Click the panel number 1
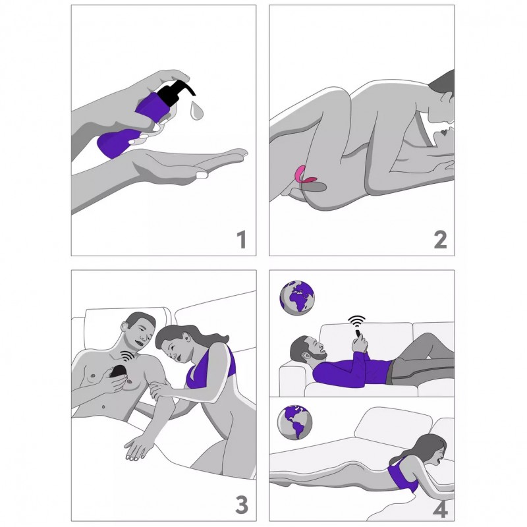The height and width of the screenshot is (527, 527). tap(242, 239)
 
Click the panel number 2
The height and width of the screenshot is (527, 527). tap(440, 240)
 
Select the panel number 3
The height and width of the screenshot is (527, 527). tap(242, 505)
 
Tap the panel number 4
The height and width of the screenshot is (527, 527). tap(441, 509)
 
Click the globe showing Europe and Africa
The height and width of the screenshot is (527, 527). tap(297, 298)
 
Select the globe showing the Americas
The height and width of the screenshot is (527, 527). tap(294, 422)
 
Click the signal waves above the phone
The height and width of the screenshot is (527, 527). tap(356, 321)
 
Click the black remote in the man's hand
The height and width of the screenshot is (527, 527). tap(118, 372)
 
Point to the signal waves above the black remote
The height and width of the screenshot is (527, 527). tap(128, 356)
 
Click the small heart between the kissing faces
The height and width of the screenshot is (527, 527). tap(444, 133)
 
